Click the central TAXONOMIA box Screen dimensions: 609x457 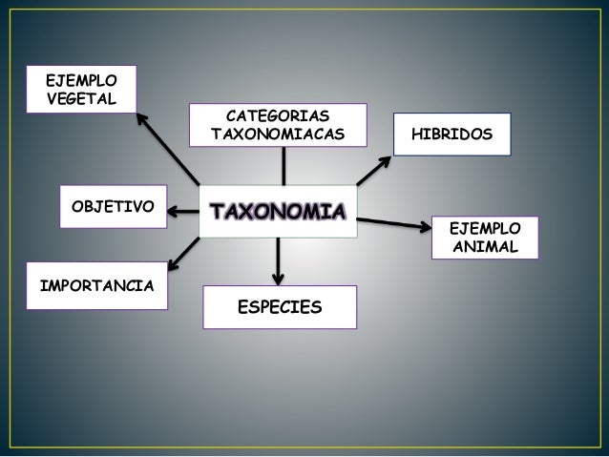(x=275, y=209)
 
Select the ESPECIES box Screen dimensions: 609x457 (x=280, y=307)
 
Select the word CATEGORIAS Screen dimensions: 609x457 (x=277, y=115)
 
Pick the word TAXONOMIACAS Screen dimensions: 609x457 (x=277, y=135)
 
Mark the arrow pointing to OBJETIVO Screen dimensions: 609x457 (x=182, y=206)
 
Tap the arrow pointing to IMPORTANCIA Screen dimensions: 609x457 (x=185, y=248)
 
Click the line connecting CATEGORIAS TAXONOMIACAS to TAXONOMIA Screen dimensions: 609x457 (x=283, y=169)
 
